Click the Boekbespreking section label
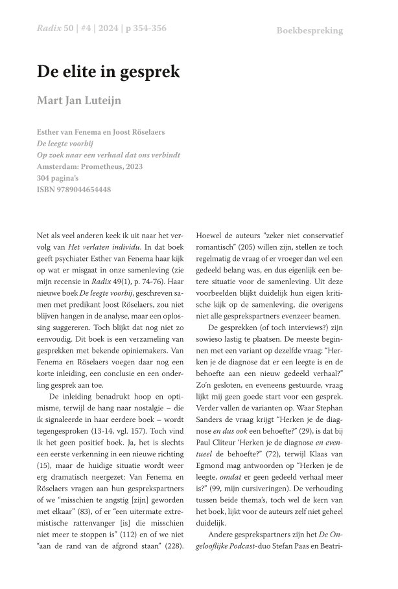309,30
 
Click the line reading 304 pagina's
61,178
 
